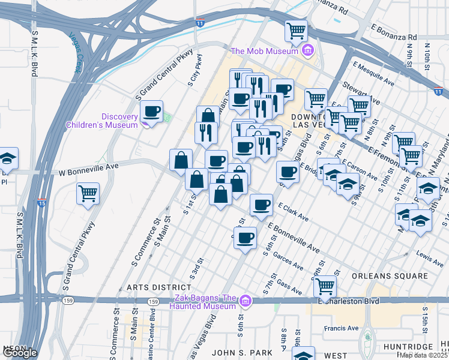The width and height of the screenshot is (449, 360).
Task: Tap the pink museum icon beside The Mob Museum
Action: pos(307,50)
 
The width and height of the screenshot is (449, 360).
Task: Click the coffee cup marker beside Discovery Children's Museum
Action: pos(152,111)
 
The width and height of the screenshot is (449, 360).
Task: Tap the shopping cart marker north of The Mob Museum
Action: pos(296,31)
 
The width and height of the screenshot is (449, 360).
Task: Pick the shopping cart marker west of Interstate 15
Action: pos(88,194)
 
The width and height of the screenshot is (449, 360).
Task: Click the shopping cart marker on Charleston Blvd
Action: pos(325,287)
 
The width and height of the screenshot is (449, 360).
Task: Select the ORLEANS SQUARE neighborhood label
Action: pos(390,277)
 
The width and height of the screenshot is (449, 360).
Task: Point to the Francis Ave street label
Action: pos(342,328)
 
